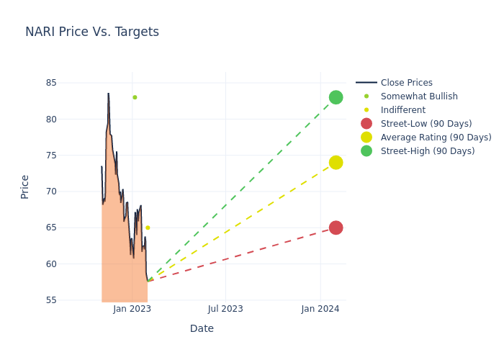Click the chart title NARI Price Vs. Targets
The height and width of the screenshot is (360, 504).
click(92, 32)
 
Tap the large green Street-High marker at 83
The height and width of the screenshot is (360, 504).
click(336, 97)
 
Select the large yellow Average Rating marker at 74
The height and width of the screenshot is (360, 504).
click(336, 163)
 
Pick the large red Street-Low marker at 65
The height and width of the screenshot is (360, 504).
click(336, 228)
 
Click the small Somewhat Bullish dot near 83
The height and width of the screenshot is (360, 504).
click(135, 97)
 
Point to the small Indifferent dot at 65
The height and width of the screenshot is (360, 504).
click(148, 228)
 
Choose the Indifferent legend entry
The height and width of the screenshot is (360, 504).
click(402, 110)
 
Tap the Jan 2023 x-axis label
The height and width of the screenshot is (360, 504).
click(132, 309)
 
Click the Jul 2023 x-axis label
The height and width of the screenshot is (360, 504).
click(225, 309)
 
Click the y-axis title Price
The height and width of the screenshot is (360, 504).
click(25, 186)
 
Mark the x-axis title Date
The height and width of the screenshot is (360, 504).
click(202, 328)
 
